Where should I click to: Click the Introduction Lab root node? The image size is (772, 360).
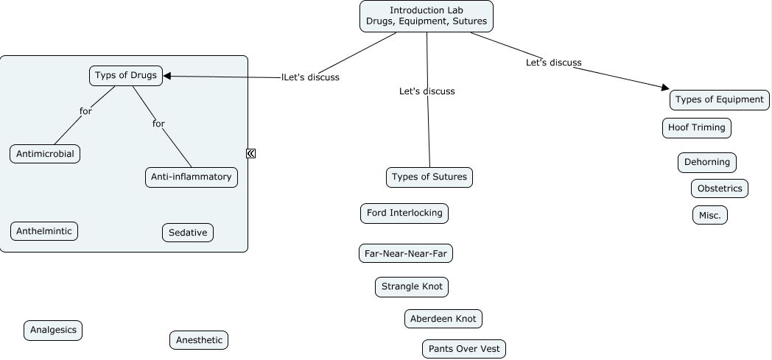pyautogui.click(x=427, y=16)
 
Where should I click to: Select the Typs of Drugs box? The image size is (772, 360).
pyautogui.click(x=126, y=76)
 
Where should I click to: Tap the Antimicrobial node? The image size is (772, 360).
pyautogui.click(x=45, y=154)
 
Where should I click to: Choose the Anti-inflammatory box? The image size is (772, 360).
pyautogui.click(x=192, y=177)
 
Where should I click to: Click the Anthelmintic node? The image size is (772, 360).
pyautogui.click(x=44, y=231)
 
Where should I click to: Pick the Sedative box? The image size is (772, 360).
pyautogui.click(x=188, y=233)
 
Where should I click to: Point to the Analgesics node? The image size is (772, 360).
pyautogui.click(x=53, y=331)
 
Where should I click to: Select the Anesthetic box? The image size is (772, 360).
pyautogui.click(x=199, y=340)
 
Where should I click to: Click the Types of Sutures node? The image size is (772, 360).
pyautogui.click(x=429, y=177)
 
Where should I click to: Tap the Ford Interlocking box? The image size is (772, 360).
pyautogui.click(x=404, y=213)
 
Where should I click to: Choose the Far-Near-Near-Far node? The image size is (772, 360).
pyautogui.click(x=406, y=254)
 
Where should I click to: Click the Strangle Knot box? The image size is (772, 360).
pyautogui.click(x=412, y=286)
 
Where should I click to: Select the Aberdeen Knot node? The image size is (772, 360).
pyautogui.click(x=443, y=319)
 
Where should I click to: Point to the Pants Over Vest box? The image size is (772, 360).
pyautogui.click(x=464, y=349)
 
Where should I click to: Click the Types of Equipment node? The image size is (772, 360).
pyautogui.click(x=720, y=100)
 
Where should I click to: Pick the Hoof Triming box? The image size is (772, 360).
pyautogui.click(x=697, y=127)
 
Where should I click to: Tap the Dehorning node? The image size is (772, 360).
pyautogui.click(x=707, y=163)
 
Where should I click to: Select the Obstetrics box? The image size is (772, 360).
pyautogui.click(x=720, y=188)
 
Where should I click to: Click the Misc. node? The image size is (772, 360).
pyautogui.click(x=710, y=215)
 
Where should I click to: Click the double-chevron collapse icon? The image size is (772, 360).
pyautogui.click(x=250, y=153)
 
